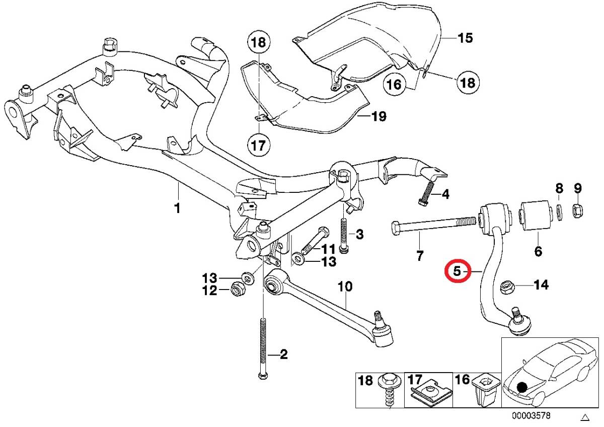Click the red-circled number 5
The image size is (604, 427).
pos(458,271)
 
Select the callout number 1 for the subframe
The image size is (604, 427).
pos(177,208)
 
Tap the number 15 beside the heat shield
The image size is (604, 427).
pos(465,38)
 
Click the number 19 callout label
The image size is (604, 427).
pos(379,116)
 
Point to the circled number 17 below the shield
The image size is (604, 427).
pos(258,146)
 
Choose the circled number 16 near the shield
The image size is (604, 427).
pos(394,85)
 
